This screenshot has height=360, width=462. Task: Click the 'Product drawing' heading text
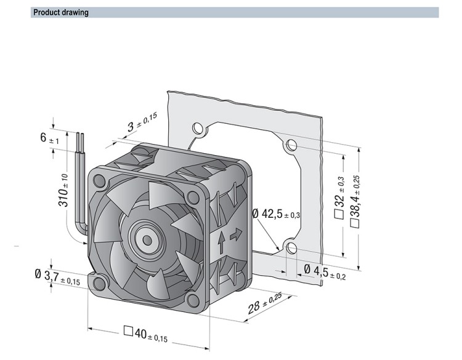coord(61,12)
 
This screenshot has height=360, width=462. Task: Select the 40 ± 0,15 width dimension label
coord(145,335)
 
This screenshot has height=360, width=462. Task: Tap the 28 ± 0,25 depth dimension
coord(265,303)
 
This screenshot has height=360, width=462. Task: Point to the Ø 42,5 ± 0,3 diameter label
coord(276,214)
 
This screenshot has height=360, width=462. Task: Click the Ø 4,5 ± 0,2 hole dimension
coord(325,272)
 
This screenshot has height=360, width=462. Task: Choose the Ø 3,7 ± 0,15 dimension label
coord(57,278)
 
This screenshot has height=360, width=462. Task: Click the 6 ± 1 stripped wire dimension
coord(49,138)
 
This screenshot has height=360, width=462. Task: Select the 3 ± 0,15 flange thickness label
coord(142,122)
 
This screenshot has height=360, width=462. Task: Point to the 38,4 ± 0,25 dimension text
coord(355,201)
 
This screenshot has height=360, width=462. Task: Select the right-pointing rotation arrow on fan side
coord(236,234)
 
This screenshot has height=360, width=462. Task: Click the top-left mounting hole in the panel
coord(197,129)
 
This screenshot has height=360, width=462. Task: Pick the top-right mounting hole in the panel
coord(291,145)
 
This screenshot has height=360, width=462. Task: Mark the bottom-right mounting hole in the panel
coord(291,248)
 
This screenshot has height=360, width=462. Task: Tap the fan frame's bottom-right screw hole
coord(193,300)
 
